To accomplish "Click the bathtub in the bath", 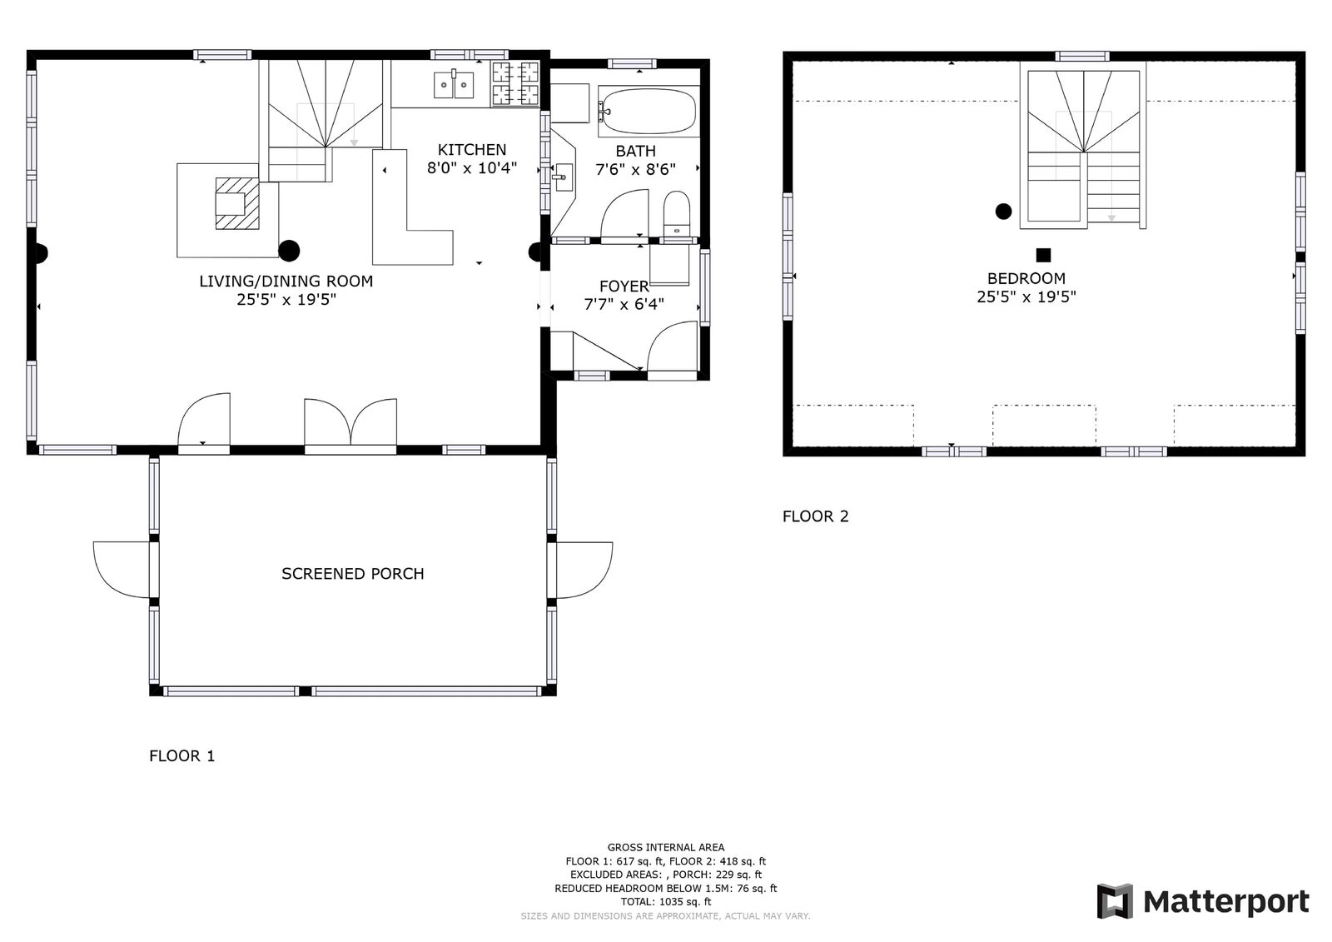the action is pyautogui.click(x=649, y=112).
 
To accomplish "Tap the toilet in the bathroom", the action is pyautogui.click(x=676, y=213).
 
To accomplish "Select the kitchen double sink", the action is pyautogui.click(x=454, y=84).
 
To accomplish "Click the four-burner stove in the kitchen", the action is pyautogui.click(x=515, y=83).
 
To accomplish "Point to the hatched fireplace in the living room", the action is pyautogui.click(x=237, y=203).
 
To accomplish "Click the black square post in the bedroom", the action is pyautogui.click(x=1043, y=256).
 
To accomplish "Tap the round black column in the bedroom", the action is pyautogui.click(x=1003, y=212).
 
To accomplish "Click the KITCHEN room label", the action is pyautogui.click(x=472, y=150).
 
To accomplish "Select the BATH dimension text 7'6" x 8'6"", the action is pyautogui.click(x=636, y=170).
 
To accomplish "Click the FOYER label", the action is pyautogui.click(x=624, y=287).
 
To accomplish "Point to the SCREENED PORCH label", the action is pyautogui.click(x=353, y=574).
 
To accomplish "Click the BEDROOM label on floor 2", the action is pyautogui.click(x=1026, y=278).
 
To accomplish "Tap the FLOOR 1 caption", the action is pyautogui.click(x=182, y=755).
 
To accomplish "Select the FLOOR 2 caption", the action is pyautogui.click(x=815, y=516).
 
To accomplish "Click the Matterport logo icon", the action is pyautogui.click(x=1115, y=901).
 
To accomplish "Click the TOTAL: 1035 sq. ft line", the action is pyautogui.click(x=666, y=901).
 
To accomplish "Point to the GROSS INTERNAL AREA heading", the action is pyautogui.click(x=666, y=847).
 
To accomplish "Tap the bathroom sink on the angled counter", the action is pyautogui.click(x=563, y=177).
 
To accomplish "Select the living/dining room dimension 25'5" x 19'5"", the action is pyautogui.click(x=286, y=299).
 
